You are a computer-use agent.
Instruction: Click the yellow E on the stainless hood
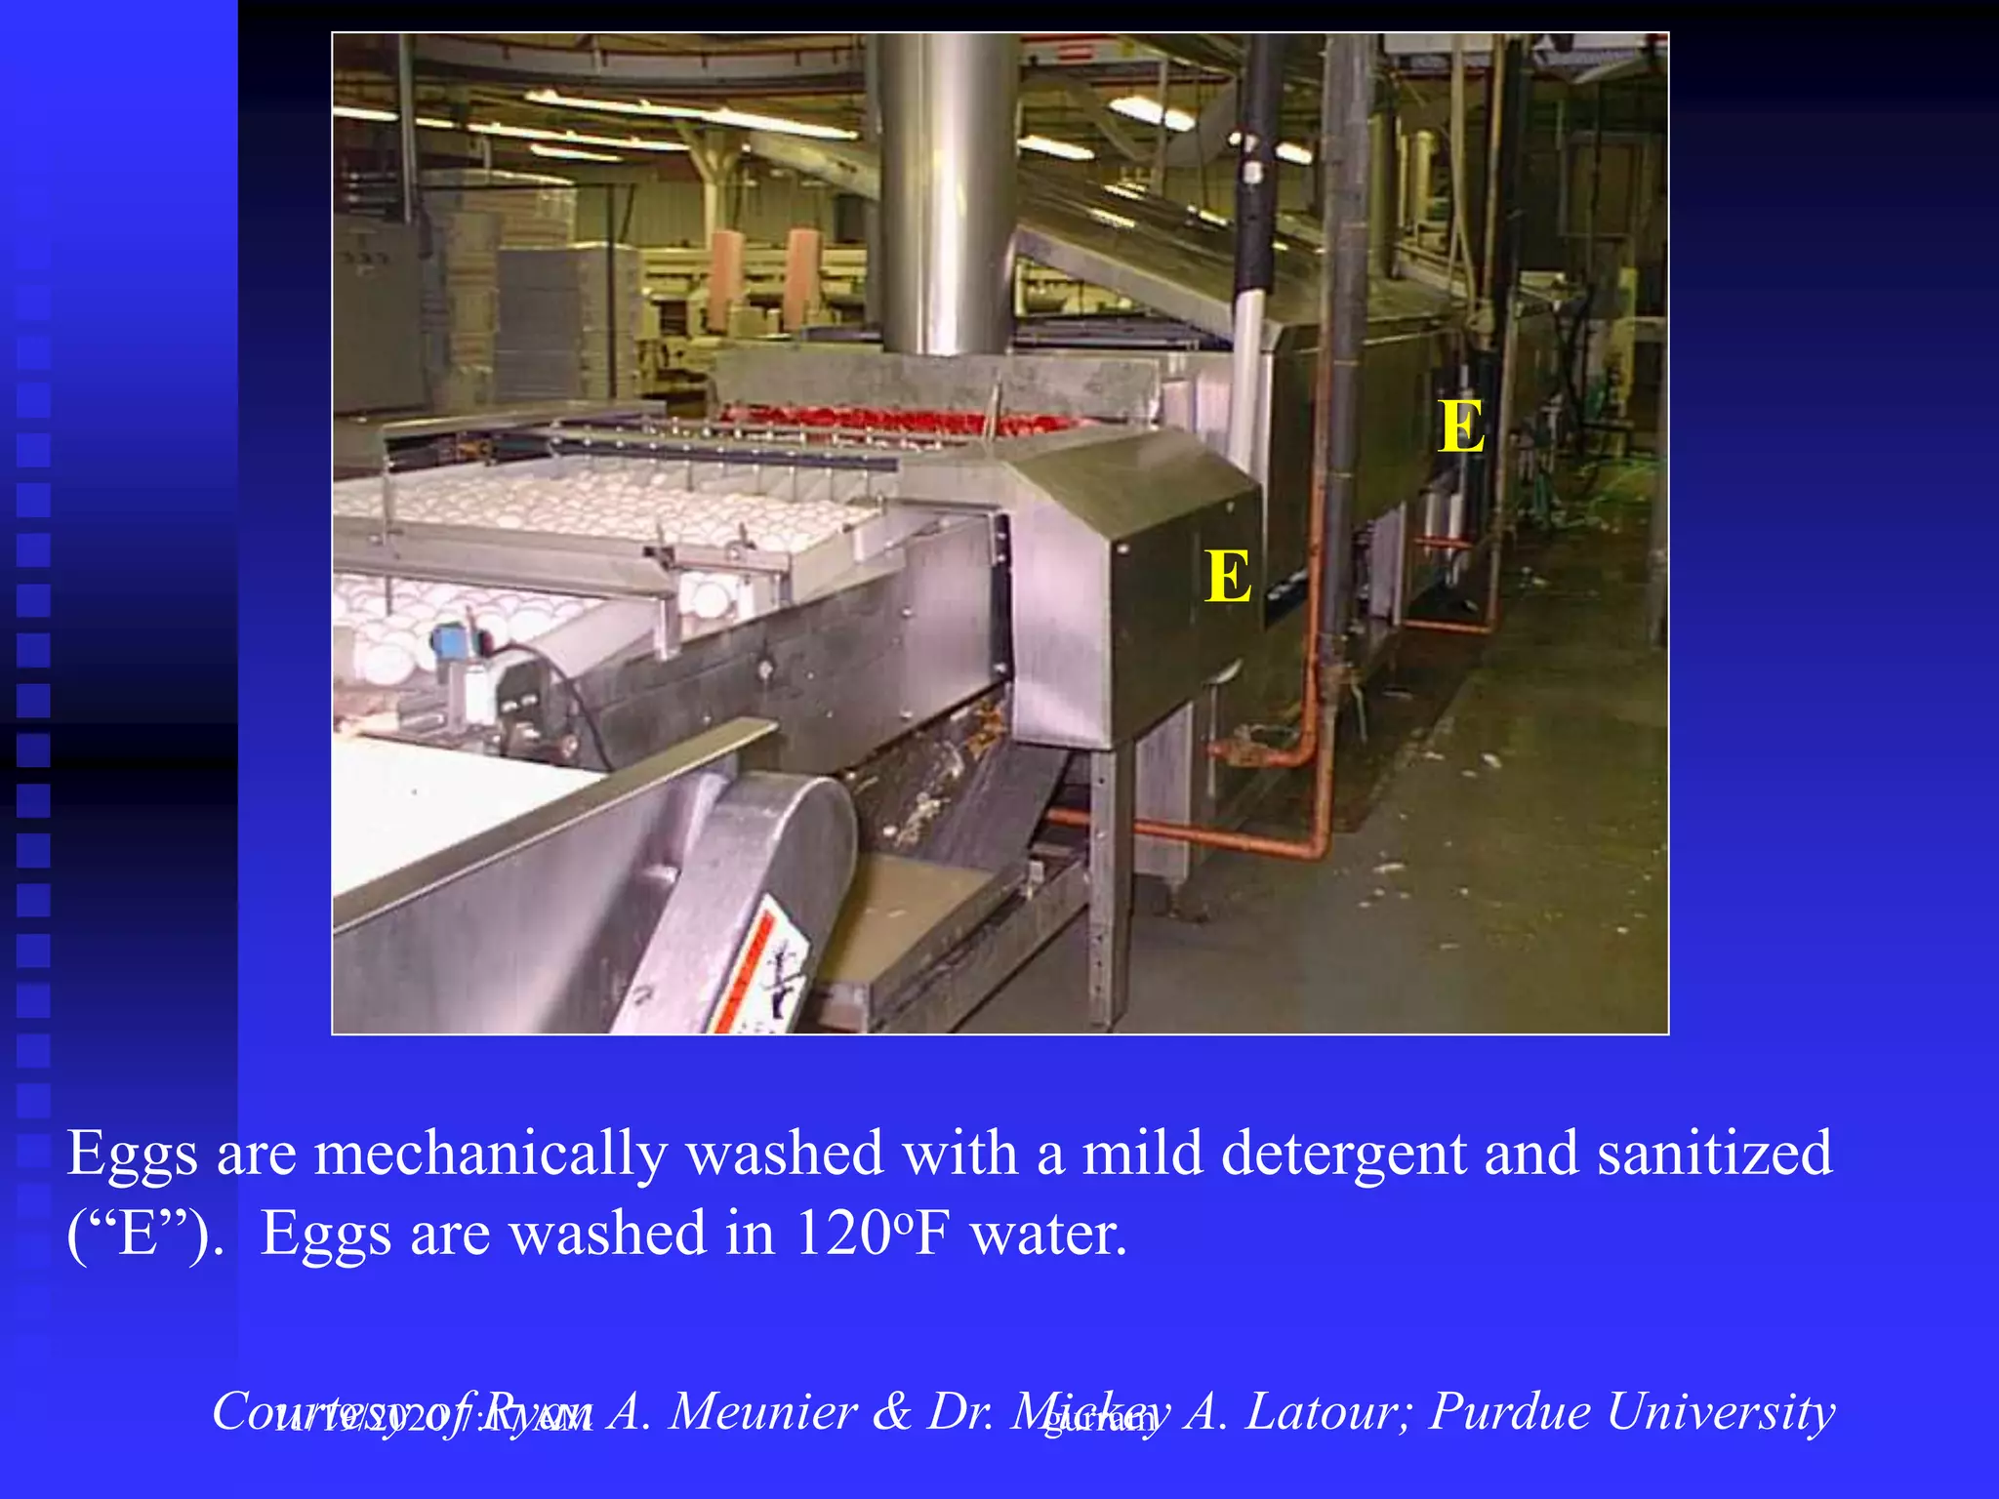[x=1227, y=577]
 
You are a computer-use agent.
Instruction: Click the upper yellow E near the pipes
[x=1461, y=427]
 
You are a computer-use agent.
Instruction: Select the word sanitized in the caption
[x=1714, y=1154]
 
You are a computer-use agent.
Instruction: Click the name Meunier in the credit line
[x=762, y=1411]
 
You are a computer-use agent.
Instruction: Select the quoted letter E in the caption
[x=138, y=1235]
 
